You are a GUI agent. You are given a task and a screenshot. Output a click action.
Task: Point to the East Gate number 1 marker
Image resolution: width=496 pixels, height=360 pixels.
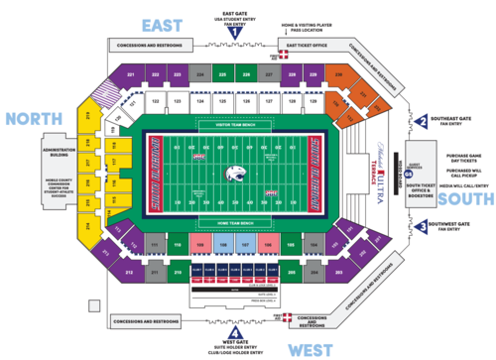[x=236, y=32]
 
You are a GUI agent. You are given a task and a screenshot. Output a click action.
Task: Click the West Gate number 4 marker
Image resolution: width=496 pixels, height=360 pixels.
[x=234, y=331]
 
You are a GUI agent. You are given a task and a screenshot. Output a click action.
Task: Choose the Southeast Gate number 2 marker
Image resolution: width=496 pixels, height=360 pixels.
[x=423, y=122]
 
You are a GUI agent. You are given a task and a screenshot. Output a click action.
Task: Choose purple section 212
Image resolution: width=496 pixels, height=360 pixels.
[x=129, y=271]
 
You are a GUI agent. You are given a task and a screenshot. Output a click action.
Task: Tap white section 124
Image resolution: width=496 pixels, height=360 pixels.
[x=199, y=100]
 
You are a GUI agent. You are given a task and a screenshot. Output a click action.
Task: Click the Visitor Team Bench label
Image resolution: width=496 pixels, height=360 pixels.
[x=235, y=124]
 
